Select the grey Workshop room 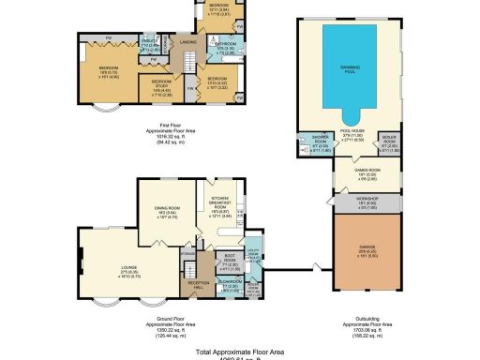tap(362, 199)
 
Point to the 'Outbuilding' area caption tap(362, 323)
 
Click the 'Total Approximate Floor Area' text tap(239, 352)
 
